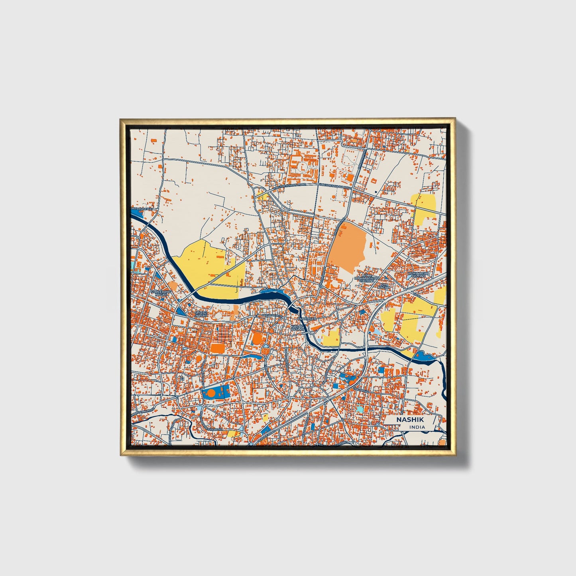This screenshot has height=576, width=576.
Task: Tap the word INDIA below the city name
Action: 417,427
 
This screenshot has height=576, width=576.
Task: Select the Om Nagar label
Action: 383,286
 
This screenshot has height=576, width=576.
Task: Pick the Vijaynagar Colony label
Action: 418,275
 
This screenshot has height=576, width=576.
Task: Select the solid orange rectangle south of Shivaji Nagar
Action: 218,348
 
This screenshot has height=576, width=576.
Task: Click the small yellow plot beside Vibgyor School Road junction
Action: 263,196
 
